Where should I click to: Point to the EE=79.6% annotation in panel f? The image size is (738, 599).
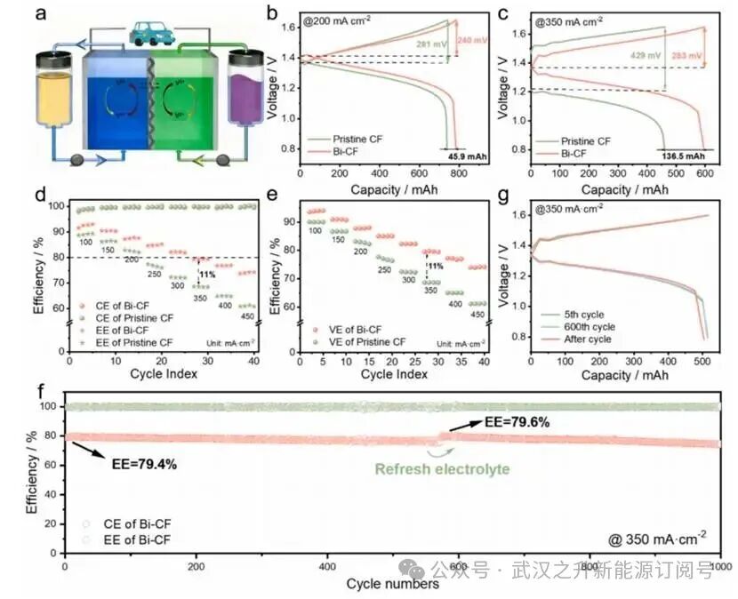pyautogui.click(x=516, y=422)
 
